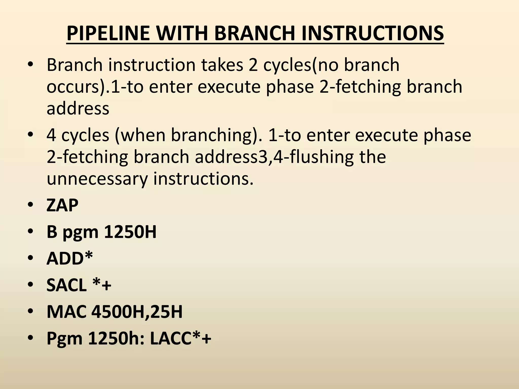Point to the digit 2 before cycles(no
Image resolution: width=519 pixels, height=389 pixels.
(x=253, y=65)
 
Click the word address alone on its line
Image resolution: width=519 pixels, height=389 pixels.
(x=78, y=108)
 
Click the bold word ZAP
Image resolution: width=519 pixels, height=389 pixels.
(x=62, y=205)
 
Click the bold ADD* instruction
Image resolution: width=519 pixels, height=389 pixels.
(x=70, y=258)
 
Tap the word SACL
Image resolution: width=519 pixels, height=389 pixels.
(x=66, y=285)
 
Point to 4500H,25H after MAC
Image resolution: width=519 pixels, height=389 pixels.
(x=137, y=312)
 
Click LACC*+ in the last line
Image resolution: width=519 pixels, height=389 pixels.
(x=180, y=338)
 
